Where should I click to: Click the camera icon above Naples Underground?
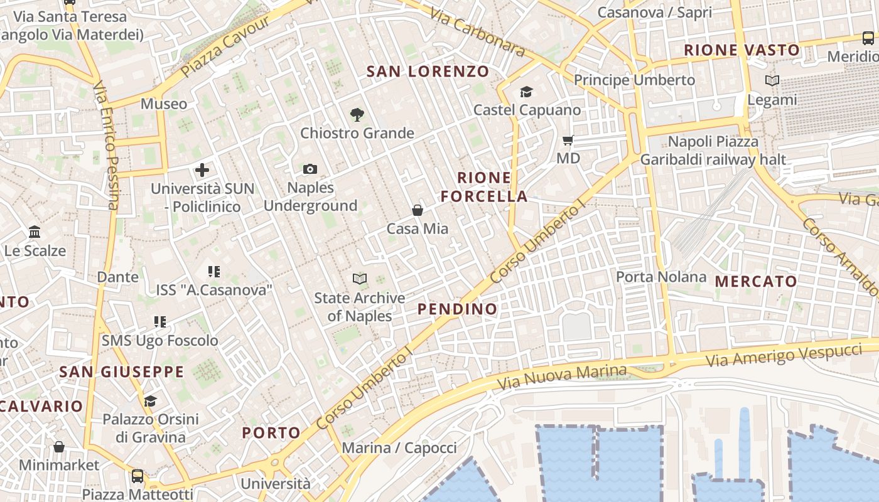click(x=310, y=169)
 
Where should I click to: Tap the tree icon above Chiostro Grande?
click(x=357, y=114)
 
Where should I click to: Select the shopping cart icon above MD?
click(x=568, y=140)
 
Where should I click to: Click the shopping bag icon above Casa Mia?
click(x=418, y=210)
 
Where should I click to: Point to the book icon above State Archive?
click(x=359, y=279)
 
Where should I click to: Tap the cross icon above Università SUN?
click(x=202, y=169)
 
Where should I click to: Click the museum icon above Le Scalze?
click(x=35, y=232)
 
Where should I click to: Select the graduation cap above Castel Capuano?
click(x=526, y=92)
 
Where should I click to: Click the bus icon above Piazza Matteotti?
click(x=138, y=476)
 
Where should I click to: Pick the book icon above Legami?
click(x=772, y=80)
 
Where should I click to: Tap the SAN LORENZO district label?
click(x=428, y=72)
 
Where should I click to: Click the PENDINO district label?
click(x=457, y=309)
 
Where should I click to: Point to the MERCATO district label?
click(x=756, y=282)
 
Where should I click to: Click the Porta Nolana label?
click(x=661, y=277)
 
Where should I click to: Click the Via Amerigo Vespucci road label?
click(x=784, y=355)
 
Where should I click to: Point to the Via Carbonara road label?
click(x=478, y=32)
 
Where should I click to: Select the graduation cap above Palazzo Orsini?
click(x=150, y=400)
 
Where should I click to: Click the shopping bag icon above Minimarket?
click(x=58, y=447)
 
